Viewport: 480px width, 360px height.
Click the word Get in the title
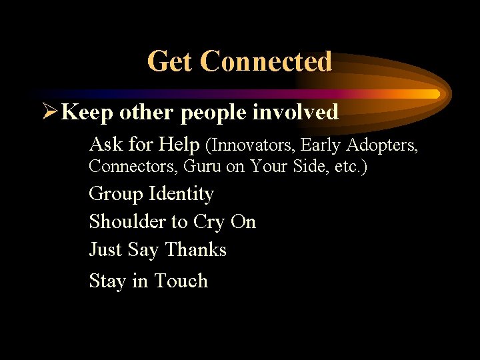point(169,61)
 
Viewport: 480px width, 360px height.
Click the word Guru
point(197,166)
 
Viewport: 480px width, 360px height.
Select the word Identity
point(181,194)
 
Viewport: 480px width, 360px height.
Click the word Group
point(116,194)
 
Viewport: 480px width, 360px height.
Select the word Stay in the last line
point(107,281)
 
